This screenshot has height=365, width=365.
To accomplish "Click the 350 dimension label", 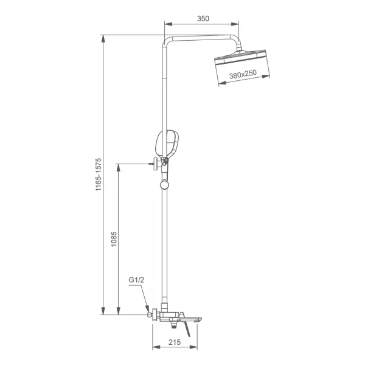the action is coord(203,18).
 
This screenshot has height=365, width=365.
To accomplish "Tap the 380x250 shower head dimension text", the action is coord(243,74).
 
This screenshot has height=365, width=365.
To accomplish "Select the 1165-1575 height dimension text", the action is coord(99,175).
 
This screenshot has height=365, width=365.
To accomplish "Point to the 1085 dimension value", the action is coord(114,239).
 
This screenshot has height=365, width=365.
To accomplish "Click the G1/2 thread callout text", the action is coord(136,280).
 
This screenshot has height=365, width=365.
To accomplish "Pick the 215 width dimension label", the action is coord(175,342).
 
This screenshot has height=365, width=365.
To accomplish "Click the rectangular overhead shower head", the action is coord(240,57).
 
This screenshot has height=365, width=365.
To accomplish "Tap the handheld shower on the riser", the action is coord(167,144).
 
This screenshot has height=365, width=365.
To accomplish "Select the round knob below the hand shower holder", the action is coord(164,185).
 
